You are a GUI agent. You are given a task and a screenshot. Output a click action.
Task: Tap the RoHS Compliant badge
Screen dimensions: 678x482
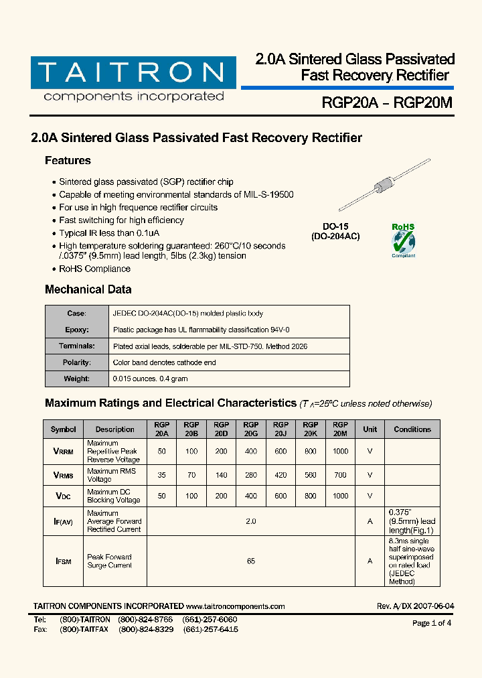403,241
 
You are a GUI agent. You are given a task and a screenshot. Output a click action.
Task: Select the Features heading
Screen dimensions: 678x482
68,161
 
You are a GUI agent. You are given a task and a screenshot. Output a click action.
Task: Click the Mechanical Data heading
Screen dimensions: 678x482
88,289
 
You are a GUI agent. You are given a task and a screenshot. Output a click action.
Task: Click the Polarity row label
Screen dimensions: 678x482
77,362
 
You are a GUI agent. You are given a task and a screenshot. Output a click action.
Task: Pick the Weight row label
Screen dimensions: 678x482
77,379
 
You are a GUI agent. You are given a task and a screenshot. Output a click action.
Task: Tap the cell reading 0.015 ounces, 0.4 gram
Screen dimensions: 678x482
151,379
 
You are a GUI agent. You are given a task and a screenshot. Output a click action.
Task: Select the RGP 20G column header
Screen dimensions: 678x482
251,429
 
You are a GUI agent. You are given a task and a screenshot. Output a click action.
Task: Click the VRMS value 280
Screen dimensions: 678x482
251,475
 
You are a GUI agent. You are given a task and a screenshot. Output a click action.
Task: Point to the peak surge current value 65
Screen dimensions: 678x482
251,561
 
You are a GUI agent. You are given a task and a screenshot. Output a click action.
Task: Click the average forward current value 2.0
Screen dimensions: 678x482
251,521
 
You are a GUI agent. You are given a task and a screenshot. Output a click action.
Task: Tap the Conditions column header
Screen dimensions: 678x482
412,429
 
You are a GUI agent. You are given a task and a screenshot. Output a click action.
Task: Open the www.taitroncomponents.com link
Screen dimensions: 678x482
235,606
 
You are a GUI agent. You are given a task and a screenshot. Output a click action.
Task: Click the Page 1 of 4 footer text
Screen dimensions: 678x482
432,623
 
